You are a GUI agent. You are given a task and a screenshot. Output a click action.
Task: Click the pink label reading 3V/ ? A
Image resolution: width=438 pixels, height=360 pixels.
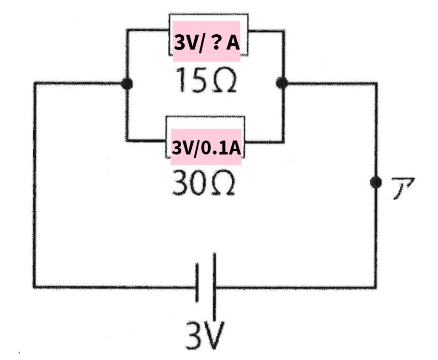(207, 41)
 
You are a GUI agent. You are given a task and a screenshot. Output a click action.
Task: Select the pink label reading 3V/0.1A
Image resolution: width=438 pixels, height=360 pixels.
(206, 147)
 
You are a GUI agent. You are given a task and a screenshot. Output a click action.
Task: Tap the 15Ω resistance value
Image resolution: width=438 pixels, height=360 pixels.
(206, 80)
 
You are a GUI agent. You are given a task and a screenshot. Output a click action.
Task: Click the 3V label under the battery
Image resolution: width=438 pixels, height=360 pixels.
(205, 335)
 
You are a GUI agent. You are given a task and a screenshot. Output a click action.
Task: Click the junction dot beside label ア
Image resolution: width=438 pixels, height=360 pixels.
(376, 182)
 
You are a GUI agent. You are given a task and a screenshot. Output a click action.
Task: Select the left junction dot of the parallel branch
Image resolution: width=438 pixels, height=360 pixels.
(127, 84)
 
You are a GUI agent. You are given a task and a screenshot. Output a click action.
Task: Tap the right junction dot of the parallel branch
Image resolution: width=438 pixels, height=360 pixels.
(282, 83)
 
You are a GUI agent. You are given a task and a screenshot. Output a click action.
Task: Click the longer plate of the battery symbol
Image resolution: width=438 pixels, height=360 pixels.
(214, 287)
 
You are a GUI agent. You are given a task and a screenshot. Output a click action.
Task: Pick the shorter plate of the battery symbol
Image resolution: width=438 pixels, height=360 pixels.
(197, 283)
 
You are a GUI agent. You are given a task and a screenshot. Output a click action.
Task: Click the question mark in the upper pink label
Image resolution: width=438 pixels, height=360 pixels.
(215, 43)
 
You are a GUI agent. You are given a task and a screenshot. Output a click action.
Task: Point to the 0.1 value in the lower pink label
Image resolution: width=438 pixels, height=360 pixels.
(211, 148)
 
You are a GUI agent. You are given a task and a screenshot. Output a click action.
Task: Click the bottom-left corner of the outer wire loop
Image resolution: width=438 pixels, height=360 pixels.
(34, 287)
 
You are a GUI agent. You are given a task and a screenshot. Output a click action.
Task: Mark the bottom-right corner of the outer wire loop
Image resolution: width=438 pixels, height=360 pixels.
(375, 287)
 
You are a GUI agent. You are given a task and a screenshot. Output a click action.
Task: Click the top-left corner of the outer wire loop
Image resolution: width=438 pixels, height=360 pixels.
(35, 83)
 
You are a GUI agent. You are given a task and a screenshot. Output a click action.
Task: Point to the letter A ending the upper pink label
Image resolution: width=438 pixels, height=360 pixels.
(233, 43)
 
